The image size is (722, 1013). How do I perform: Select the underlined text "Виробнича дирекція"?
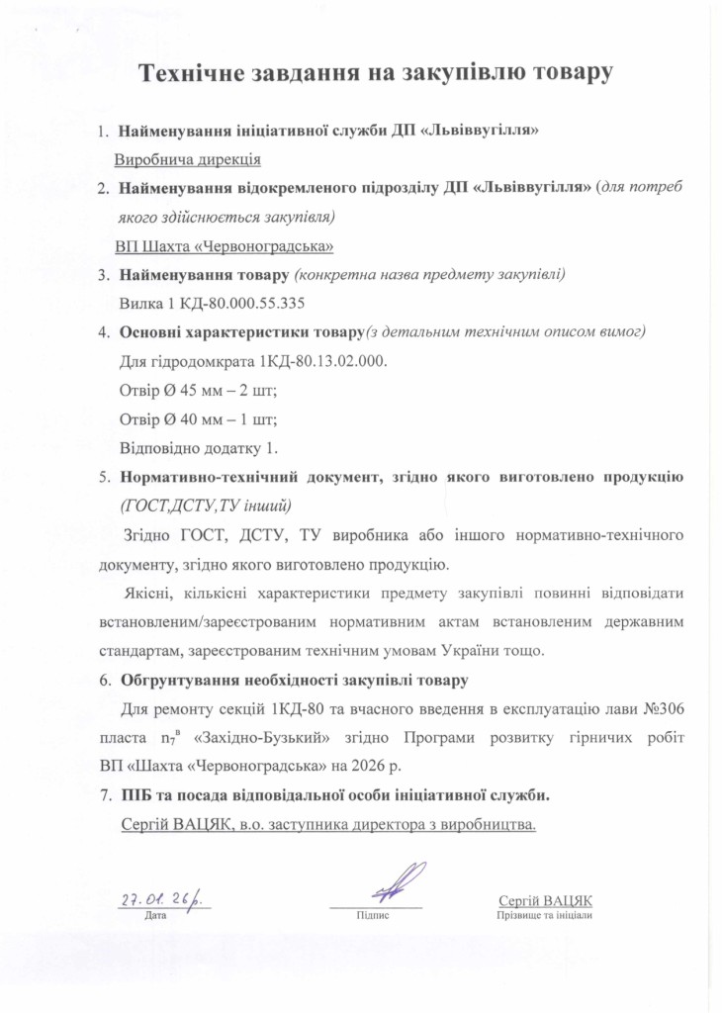click(x=187, y=159)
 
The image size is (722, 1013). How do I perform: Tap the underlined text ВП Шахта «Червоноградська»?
click(x=225, y=245)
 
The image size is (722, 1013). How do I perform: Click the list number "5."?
click(x=104, y=477)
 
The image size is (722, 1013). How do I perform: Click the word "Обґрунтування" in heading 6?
click(x=179, y=681)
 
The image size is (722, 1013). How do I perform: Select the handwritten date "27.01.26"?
click(x=158, y=899)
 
